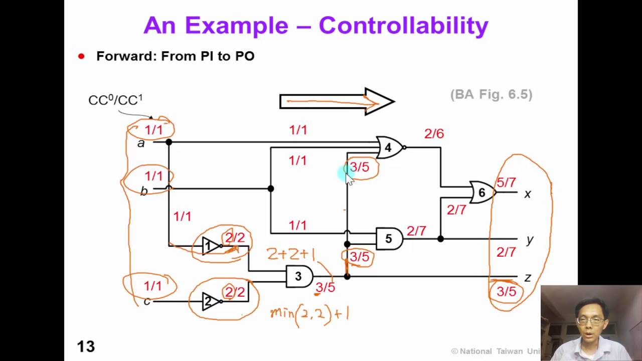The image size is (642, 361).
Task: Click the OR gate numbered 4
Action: tap(389, 148)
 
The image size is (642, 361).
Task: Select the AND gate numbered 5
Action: tap(389, 239)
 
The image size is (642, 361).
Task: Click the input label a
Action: tap(141, 143)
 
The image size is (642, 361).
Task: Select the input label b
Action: tap(144, 191)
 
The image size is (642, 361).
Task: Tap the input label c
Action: tap(147, 301)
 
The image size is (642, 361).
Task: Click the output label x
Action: tap(527, 194)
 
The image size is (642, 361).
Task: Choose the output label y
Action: tap(530, 240)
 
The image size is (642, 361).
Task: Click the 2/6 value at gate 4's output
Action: tap(434, 133)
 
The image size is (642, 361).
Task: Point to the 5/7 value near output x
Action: tap(506, 183)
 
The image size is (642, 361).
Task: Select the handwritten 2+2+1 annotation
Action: tap(291, 255)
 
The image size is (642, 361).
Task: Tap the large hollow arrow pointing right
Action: tap(337, 102)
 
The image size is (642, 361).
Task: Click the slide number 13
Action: tap(86, 346)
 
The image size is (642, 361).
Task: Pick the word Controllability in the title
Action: tap(403, 25)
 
